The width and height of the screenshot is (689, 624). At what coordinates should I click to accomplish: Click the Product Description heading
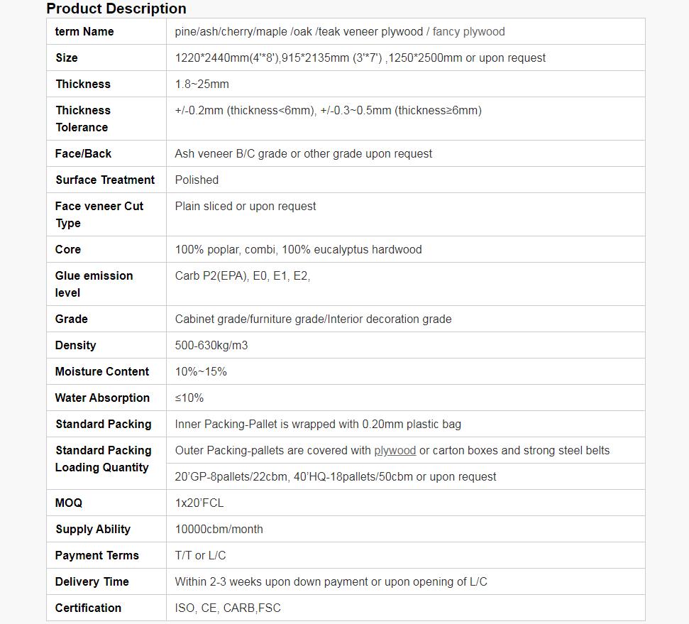tap(116, 9)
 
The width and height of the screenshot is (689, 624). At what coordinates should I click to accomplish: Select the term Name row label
tap(84, 31)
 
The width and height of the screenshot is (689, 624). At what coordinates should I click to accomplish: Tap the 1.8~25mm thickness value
tap(202, 84)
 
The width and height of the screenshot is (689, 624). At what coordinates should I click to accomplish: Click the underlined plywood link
tap(395, 450)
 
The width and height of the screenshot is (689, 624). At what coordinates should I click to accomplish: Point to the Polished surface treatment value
tap(197, 180)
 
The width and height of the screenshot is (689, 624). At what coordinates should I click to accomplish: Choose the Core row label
tap(68, 249)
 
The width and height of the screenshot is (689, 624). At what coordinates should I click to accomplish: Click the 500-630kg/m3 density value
tap(211, 345)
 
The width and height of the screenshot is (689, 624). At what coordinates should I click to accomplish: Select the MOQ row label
tap(69, 503)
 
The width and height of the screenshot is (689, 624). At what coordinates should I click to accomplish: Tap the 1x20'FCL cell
tap(199, 503)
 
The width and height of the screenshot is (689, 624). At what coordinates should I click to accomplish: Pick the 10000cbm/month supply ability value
tap(219, 529)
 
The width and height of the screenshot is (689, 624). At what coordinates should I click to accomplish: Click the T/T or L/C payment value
tap(201, 555)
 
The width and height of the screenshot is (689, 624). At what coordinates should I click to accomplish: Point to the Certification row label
tap(88, 608)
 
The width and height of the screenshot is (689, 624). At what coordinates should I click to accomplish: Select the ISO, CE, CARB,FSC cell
tap(228, 608)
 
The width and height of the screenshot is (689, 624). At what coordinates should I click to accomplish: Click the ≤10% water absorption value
tap(189, 398)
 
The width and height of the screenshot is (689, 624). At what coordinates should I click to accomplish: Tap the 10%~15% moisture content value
tap(201, 371)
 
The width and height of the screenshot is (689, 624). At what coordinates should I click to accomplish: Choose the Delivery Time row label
tap(92, 581)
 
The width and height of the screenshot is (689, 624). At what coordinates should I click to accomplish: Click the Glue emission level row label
tap(94, 284)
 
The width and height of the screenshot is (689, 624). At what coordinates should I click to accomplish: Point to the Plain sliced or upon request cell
tap(246, 206)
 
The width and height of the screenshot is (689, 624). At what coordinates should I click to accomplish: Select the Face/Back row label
tap(83, 153)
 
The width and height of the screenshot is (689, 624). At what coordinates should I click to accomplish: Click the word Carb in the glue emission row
tap(187, 275)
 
